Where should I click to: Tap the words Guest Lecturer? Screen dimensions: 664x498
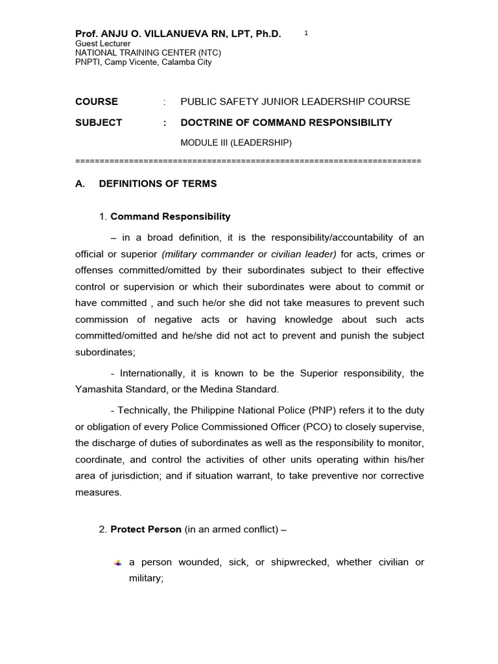pyautogui.click(x=103, y=43)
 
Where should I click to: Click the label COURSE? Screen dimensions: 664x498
pyautogui.click(x=97, y=102)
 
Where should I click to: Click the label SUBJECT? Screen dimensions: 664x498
pyautogui.click(x=99, y=123)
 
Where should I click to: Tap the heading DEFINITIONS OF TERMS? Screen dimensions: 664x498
pyautogui.click(x=158, y=184)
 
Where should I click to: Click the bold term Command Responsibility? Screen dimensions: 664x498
pyautogui.click(x=170, y=217)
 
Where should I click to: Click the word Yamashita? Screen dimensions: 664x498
pyautogui.click(x=103, y=389)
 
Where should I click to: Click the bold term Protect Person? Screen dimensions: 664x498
pyautogui.click(x=146, y=530)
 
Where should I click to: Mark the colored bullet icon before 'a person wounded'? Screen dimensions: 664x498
pyautogui.click(x=117, y=563)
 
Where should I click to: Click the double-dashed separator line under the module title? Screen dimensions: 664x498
pyautogui.click(x=248, y=161)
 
